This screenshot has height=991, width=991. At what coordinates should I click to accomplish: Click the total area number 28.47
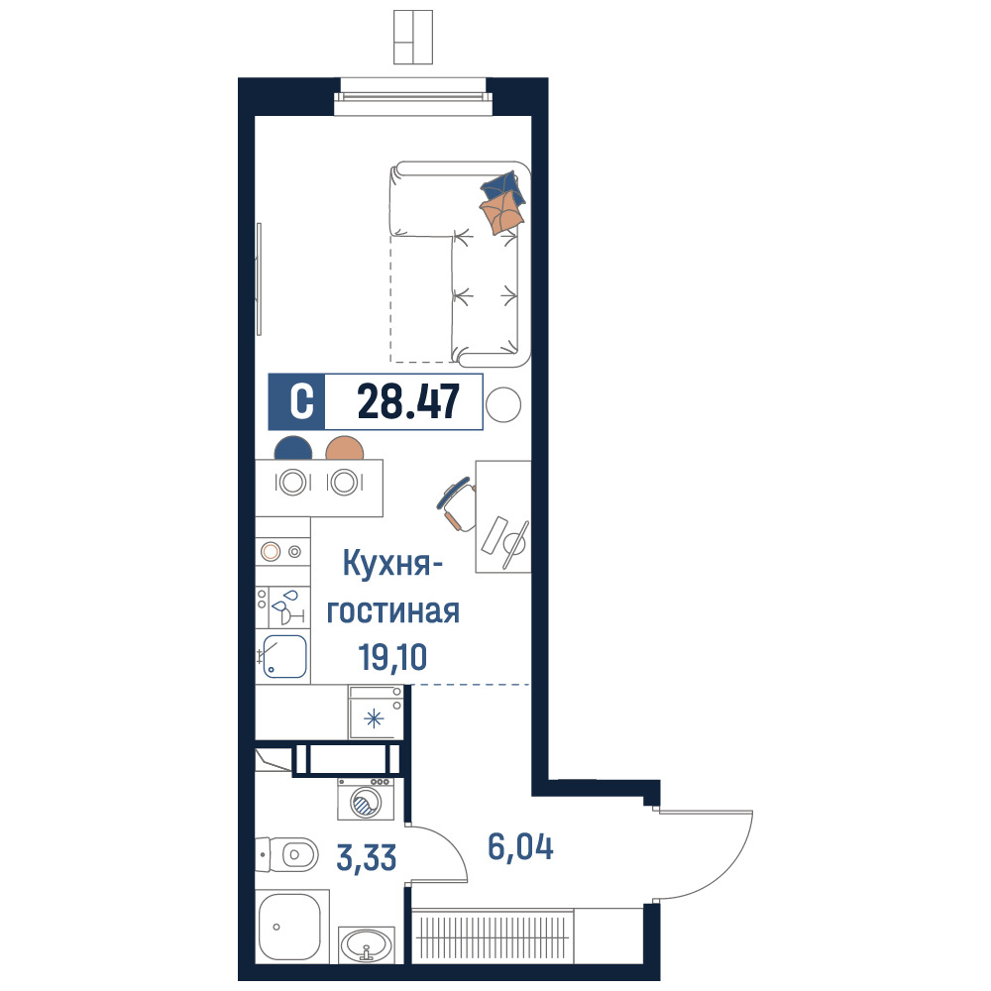[x=408, y=402]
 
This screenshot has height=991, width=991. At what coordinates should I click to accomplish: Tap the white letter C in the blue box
[x=301, y=402]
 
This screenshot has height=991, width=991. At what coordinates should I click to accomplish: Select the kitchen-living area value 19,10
[x=392, y=657]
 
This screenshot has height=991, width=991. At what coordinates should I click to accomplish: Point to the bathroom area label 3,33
[x=367, y=858]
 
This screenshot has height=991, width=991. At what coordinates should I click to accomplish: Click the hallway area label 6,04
[x=521, y=847]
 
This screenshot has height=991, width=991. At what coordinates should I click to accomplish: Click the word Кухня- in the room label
[x=391, y=564]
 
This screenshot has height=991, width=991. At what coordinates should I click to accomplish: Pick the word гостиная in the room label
[x=392, y=611]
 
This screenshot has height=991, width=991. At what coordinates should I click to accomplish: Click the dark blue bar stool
[x=292, y=448]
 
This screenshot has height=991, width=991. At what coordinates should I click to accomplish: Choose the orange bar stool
[x=345, y=448]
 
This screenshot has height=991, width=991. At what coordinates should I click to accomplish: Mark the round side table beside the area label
[x=503, y=404]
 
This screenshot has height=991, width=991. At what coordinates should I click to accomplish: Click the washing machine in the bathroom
[x=366, y=799]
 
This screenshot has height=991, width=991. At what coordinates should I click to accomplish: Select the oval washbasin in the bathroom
[x=367, y=944]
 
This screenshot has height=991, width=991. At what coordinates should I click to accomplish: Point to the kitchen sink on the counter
[x=284, y=657]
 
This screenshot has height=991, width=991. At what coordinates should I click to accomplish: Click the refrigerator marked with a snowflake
[x=376, y=713]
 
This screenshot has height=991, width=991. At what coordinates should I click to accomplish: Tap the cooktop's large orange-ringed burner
[x=271, y=552]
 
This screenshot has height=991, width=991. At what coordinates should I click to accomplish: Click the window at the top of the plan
[x=413, y=97]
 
